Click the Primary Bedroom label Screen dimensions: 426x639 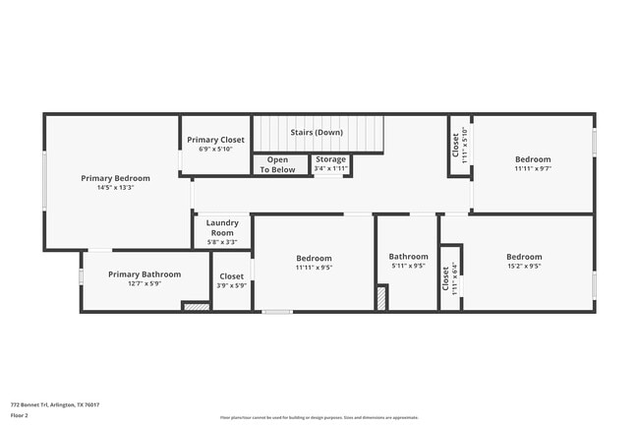coord(115,178)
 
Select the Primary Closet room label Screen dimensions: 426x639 coord(216,140)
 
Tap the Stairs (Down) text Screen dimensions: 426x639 coord(317,132)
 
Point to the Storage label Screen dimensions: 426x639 coord(330,159)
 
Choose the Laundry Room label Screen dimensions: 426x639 coord(222,227)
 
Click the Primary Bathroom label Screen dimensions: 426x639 coord(145,274)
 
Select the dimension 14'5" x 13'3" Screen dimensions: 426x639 coord(115,188)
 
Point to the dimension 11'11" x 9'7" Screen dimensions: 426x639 coord(533,168)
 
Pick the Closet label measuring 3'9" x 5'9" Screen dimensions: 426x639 coord(232,276)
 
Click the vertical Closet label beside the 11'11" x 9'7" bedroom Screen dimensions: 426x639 coord(456,147)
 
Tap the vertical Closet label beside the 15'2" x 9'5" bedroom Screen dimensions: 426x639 coord(445,282)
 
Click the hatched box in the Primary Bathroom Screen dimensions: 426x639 coord(197,307)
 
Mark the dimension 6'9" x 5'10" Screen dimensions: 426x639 coord(216,150)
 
